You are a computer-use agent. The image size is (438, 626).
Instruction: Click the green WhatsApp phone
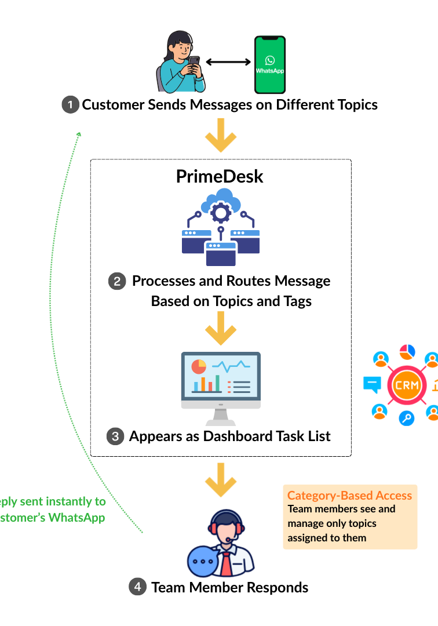point(271,64)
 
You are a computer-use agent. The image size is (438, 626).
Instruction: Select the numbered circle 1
point(70,105)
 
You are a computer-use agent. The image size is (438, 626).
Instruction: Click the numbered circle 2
point(117,281)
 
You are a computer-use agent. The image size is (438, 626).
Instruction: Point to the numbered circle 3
point(115,436)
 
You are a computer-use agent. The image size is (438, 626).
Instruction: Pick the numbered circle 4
point(137,587)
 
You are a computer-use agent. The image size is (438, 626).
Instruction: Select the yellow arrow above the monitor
point(221,328)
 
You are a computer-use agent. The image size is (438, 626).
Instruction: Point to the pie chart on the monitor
point(199,367)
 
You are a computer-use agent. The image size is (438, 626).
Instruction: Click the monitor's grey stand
point(221,417)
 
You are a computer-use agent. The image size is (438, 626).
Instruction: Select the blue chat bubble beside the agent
point(203,561)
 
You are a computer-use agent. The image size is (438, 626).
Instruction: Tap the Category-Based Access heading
point(349,495)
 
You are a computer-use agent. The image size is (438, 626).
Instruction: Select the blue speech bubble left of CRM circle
point(371,384)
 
